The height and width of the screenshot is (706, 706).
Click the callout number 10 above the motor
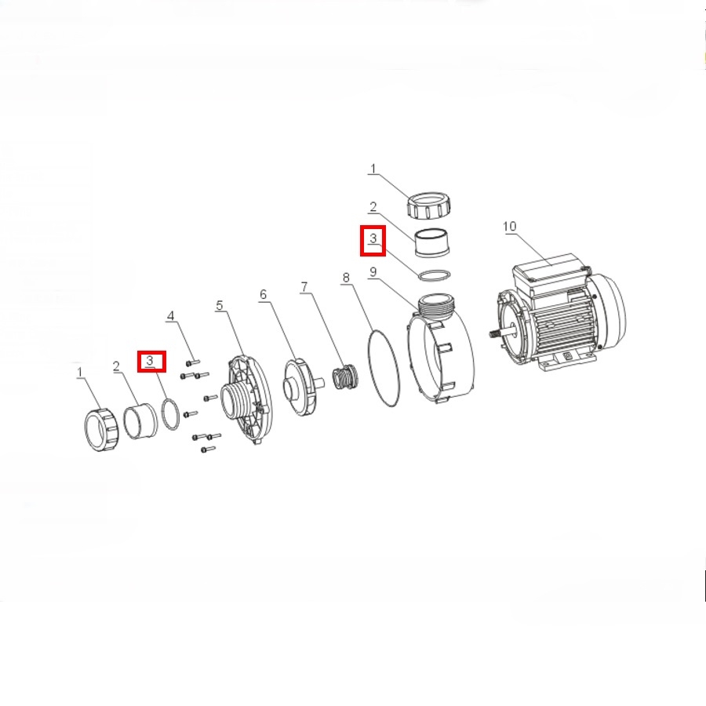click(509, 226)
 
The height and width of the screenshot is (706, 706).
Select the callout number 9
click(373, 272)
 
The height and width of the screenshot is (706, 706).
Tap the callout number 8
click(346, 278)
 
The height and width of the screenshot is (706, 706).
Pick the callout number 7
click(304, 287)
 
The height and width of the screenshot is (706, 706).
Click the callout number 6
click(264, 294)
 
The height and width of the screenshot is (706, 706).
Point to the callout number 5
click(220, 305)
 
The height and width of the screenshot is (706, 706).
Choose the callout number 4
click(171, 315)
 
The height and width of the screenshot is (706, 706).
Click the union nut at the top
click(429, 206)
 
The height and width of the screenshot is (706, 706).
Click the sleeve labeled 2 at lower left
click(140, 421)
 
